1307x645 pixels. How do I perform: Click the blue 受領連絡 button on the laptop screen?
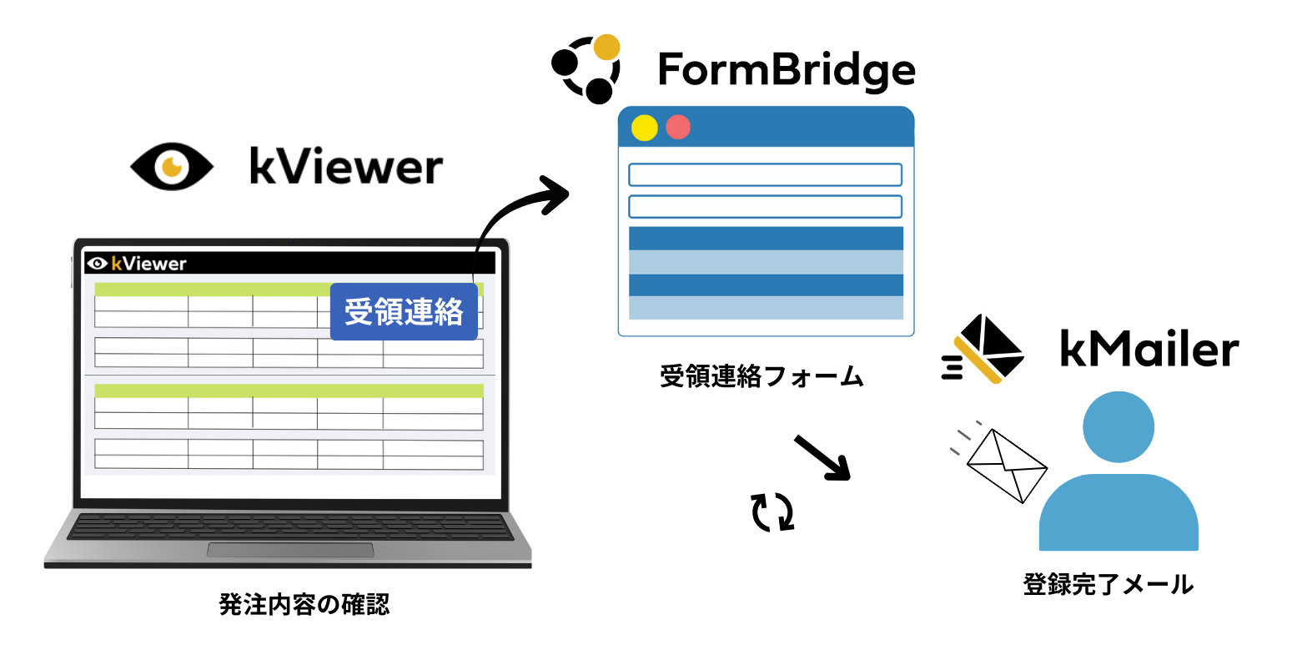404,311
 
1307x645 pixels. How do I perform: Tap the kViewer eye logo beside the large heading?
172,166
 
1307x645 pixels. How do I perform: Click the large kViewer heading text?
345,167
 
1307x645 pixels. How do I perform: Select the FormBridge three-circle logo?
586,68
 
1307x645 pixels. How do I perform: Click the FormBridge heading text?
786,70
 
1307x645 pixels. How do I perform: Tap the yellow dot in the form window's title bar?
645,128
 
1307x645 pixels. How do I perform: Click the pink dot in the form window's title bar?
678,128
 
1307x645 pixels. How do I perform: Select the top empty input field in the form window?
765,175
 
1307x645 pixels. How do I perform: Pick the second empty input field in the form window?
765,206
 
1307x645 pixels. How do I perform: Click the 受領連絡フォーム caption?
761,377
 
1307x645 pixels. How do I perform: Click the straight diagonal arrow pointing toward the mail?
822,457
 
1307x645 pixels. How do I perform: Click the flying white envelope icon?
1006,465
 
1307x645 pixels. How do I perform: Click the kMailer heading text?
1149,349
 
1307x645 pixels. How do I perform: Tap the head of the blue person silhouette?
1118,428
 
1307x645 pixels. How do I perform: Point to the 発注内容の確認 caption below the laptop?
304,604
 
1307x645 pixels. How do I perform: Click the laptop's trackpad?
290,549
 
